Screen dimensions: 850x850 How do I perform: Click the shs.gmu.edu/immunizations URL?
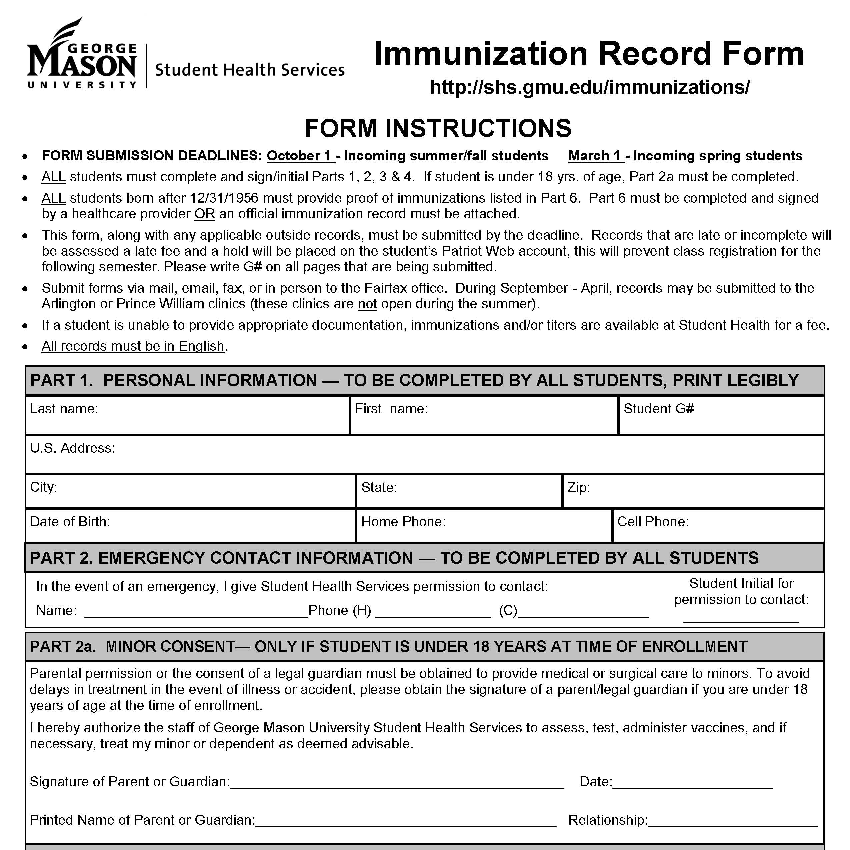point(590,87)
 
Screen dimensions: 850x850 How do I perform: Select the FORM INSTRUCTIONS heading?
point(438,128)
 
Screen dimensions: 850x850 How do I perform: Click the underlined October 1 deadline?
point(300,156)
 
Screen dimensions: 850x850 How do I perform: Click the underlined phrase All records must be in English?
point(133,346)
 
